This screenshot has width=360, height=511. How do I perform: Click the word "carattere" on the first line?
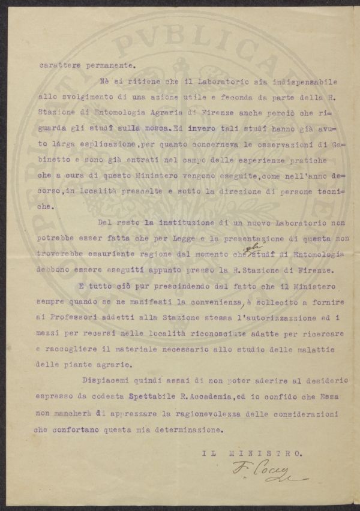click(x=55, y=67)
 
